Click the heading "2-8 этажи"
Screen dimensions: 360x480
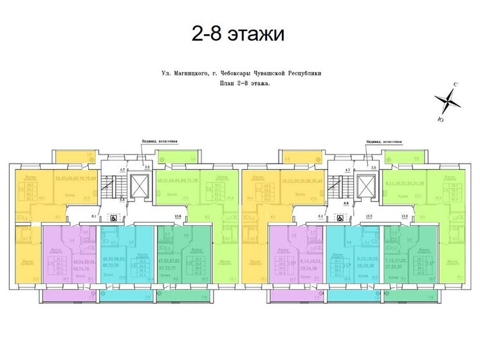click(x=237, y=32)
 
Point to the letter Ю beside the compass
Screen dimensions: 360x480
click(x=439, y=118)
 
